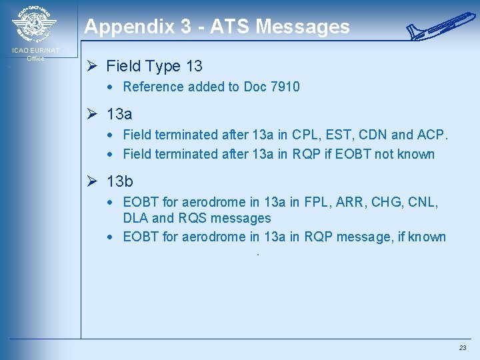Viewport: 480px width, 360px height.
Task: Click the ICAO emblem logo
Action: (35, 25)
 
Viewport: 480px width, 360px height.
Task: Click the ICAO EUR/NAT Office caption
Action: (35, 54)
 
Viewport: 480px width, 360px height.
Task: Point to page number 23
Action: (463, 348)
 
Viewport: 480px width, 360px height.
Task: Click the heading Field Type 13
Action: (154, 66)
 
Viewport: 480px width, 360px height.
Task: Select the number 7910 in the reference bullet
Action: (285, 87)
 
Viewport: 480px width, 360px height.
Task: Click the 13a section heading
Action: (119, 114)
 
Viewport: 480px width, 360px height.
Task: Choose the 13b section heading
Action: (120, 182)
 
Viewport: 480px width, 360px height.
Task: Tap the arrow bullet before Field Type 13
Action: (93, 66)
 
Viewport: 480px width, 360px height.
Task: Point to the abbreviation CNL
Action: (421, 202)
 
